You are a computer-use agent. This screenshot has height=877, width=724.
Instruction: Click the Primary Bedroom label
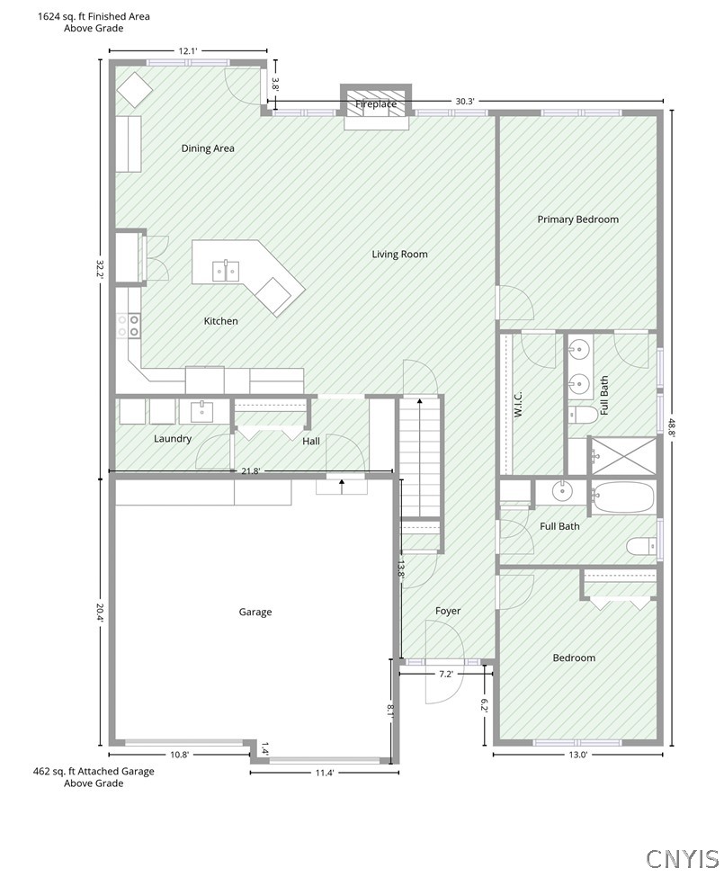click(578, 219)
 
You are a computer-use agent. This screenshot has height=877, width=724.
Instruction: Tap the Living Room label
click(399, 255)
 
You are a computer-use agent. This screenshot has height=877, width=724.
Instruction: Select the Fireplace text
click(376, 104)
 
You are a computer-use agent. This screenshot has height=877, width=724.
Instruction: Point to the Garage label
click(255, 612)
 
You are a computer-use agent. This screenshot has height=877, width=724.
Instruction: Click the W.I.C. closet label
click(518, 404)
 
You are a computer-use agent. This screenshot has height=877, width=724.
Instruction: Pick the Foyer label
click(448, 612)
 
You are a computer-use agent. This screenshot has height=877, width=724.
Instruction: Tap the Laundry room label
click(173, 439)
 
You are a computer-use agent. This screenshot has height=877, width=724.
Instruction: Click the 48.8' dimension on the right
click(672, 424)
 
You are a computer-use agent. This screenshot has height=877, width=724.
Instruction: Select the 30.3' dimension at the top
click(465, 102)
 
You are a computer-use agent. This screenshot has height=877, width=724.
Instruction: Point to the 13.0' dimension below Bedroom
click(578, 755)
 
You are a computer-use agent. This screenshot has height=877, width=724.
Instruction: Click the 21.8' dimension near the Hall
click(250, 471)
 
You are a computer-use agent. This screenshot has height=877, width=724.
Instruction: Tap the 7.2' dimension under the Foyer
click(445, 674)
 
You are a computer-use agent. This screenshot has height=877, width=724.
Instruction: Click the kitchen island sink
click(226, 272)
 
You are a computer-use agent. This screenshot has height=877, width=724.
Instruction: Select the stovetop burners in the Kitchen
click(128, 326)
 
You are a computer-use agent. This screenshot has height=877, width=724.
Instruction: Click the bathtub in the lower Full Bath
click(622, 497)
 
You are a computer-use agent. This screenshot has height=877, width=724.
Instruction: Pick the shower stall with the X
click(623, 456)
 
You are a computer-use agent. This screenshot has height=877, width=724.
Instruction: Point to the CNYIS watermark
click(682, 858)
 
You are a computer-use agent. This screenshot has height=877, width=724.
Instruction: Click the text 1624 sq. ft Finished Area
click(94, 17)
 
